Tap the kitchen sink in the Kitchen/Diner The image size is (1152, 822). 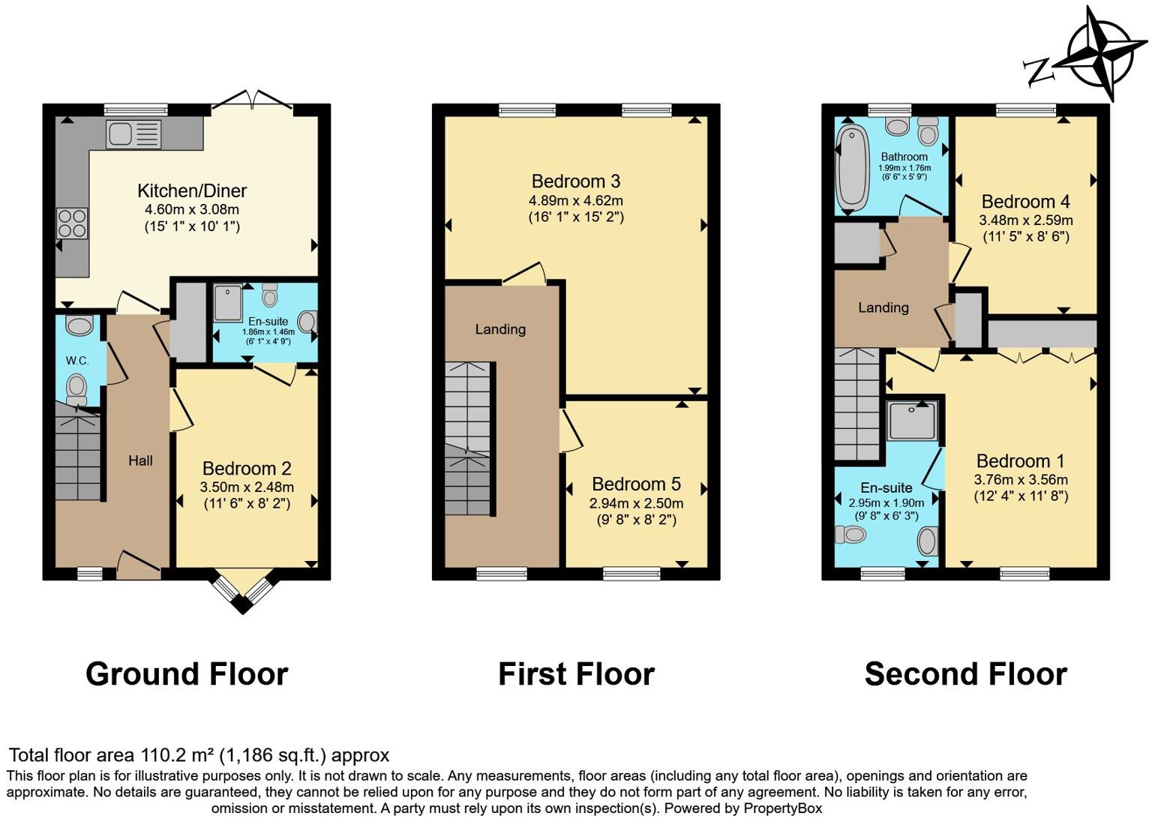pyautogui.click(x=133, y=134)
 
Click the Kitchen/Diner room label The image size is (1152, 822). pyautogui.click(x=192, y=190)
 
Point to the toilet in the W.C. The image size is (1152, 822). pyautogui.click(x=76, y=388)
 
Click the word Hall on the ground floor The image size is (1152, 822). pyautogui.click(x=140, y=460)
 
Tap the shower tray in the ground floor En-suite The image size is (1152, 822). pyautogui.click(x=228, y=302)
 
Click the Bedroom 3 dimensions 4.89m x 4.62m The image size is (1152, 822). pyautogui.click(x=576, y=201)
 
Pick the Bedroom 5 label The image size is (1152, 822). pyautogui.click(x=636, y=484)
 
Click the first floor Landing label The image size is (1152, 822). pyautogui.click(x=500, y=329)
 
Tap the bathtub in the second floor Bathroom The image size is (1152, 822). pyautogui.click(x=851, y=168)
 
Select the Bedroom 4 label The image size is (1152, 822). pyautogui.click(x=1025, y=202)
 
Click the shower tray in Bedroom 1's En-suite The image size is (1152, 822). pyautogui.click(x=911, y=420)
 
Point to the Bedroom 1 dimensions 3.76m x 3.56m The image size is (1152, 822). pyautogui.click(x=1021, y=480)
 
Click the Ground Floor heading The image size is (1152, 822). pyautogui.click(x=187, y=674)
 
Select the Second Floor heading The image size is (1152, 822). pyautogui.click(x=965, y=674)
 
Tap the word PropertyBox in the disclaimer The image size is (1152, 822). pyautogui.click(x=782, y=808)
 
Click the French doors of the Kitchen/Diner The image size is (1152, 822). pyautogui.click(x=253, y=101)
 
